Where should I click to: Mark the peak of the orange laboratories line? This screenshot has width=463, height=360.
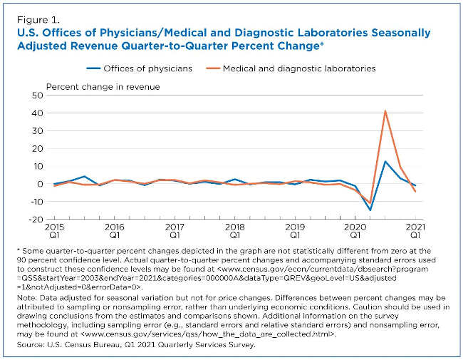[x=385, y=110]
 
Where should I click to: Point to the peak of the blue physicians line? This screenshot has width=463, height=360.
[x=385, y=161]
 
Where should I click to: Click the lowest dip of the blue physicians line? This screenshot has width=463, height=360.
[x=370, y=210]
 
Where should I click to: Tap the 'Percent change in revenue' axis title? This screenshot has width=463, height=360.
[x=103, y=86]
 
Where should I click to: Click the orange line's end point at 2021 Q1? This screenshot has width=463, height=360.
[x=415, y=191]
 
